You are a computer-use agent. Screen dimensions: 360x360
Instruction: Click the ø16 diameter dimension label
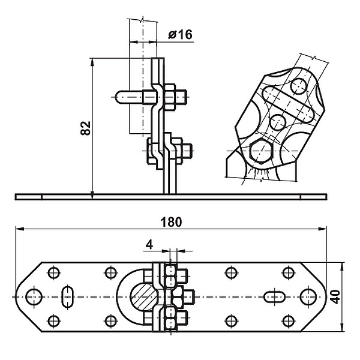(x=180, y=35)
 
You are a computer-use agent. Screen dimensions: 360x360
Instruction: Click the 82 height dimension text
(x=86, y=128)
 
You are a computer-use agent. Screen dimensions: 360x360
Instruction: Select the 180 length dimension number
(x=171, y=222)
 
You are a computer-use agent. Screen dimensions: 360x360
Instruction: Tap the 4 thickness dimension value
(x=149, y=245)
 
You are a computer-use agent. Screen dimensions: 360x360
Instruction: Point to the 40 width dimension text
(x=336, y=297)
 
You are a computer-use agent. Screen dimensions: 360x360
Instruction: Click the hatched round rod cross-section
(x=144, y=297)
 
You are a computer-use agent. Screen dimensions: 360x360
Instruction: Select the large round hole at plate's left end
(x=34, y=297)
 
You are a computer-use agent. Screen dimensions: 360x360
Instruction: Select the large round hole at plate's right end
(x=308, y=297)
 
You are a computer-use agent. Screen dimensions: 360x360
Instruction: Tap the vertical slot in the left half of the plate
(x=68, y=297)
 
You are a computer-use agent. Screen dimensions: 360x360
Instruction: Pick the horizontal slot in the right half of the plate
(x=275, y=297)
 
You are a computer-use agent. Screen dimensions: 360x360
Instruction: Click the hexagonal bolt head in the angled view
(x=262, y=151)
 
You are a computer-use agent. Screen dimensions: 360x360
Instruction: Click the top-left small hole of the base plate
(x=54, y=273)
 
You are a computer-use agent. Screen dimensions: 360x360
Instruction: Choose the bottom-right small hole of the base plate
(x=289, y=321)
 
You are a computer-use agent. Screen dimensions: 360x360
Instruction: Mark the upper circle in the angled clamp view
(x=298, y=86)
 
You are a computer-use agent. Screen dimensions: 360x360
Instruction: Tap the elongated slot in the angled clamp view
(x=289, y=104)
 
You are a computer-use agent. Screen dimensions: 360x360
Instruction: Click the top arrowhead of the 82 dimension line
(x=92, y=62)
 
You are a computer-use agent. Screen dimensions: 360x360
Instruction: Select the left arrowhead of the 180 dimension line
(x=20, y=229)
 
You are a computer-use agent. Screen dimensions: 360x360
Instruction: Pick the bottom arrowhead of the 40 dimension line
(x=342, y=328)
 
